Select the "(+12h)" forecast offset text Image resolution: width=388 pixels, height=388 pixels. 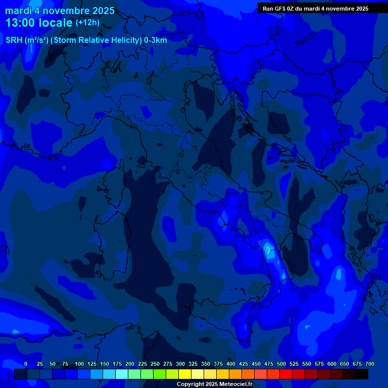tap(87, 23)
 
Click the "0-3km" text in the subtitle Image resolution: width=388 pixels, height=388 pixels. tap(155, 40)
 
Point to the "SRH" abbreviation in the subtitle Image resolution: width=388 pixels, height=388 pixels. tap(14, 40)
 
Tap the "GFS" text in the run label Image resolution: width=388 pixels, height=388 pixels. tap(279, 9)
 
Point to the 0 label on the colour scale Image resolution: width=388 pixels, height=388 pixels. tap(26, 364)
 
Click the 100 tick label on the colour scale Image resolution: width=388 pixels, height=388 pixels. tap(79, 364)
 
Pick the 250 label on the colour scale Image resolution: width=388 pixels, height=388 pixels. tap(155, 364)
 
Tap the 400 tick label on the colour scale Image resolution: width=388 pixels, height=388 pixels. tap(231, 364)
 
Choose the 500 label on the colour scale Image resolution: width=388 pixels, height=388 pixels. tap(281, 364)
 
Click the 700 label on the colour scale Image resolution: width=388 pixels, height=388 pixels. tap(369, 364)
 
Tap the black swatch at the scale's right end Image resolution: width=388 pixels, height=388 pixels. tap(362, 374)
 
